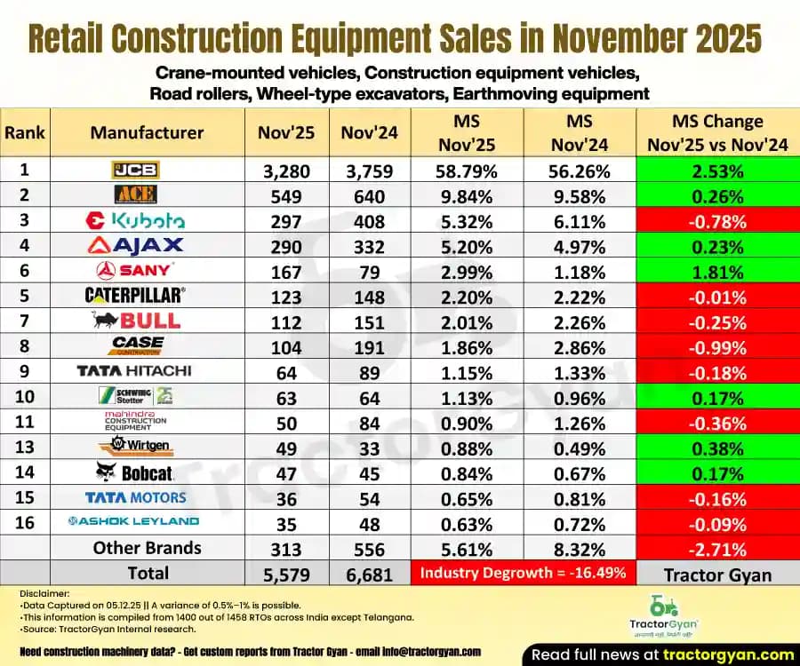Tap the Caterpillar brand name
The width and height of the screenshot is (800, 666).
tap(135, 295)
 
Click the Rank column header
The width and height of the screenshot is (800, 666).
tap(24, 133)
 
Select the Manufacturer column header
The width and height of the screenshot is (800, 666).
tap(147, 133)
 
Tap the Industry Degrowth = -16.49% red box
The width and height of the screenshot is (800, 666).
tap(523, 574)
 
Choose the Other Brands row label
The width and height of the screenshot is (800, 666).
tap(147, 548)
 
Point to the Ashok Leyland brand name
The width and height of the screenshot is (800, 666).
tap(135, 521)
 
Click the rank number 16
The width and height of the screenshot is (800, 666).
tap(24, 522)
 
